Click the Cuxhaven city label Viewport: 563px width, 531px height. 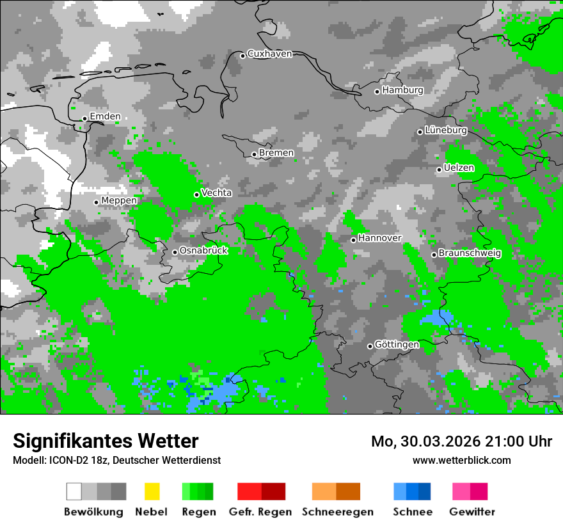[x=269, y=54]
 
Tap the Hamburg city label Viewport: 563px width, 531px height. [x=402, y=90]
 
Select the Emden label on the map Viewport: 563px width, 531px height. [x=105, y=116]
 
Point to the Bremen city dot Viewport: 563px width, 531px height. [x=254, y=154]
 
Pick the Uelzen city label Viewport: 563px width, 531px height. [x=459, y=168]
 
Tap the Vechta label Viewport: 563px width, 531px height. [x=216, y=193]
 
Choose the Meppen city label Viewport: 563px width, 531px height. [x=119, y=200]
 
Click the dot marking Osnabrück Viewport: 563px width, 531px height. [x=175, y=252]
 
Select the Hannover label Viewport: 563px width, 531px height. [x=379, y=238]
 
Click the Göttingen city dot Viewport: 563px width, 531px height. [x=370, y=346]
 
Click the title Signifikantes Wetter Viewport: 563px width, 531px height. [x=106, y=441]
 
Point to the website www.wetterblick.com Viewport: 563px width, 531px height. [x=462, y=460]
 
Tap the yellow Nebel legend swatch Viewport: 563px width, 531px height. [x=152, y=491]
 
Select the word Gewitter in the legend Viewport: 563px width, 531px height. [x=472, y=512]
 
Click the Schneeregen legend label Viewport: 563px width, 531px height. [x=338, y=512]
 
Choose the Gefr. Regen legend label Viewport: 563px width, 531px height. [x=260, y=512]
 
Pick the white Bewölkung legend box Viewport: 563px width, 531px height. [x=74, y=491]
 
